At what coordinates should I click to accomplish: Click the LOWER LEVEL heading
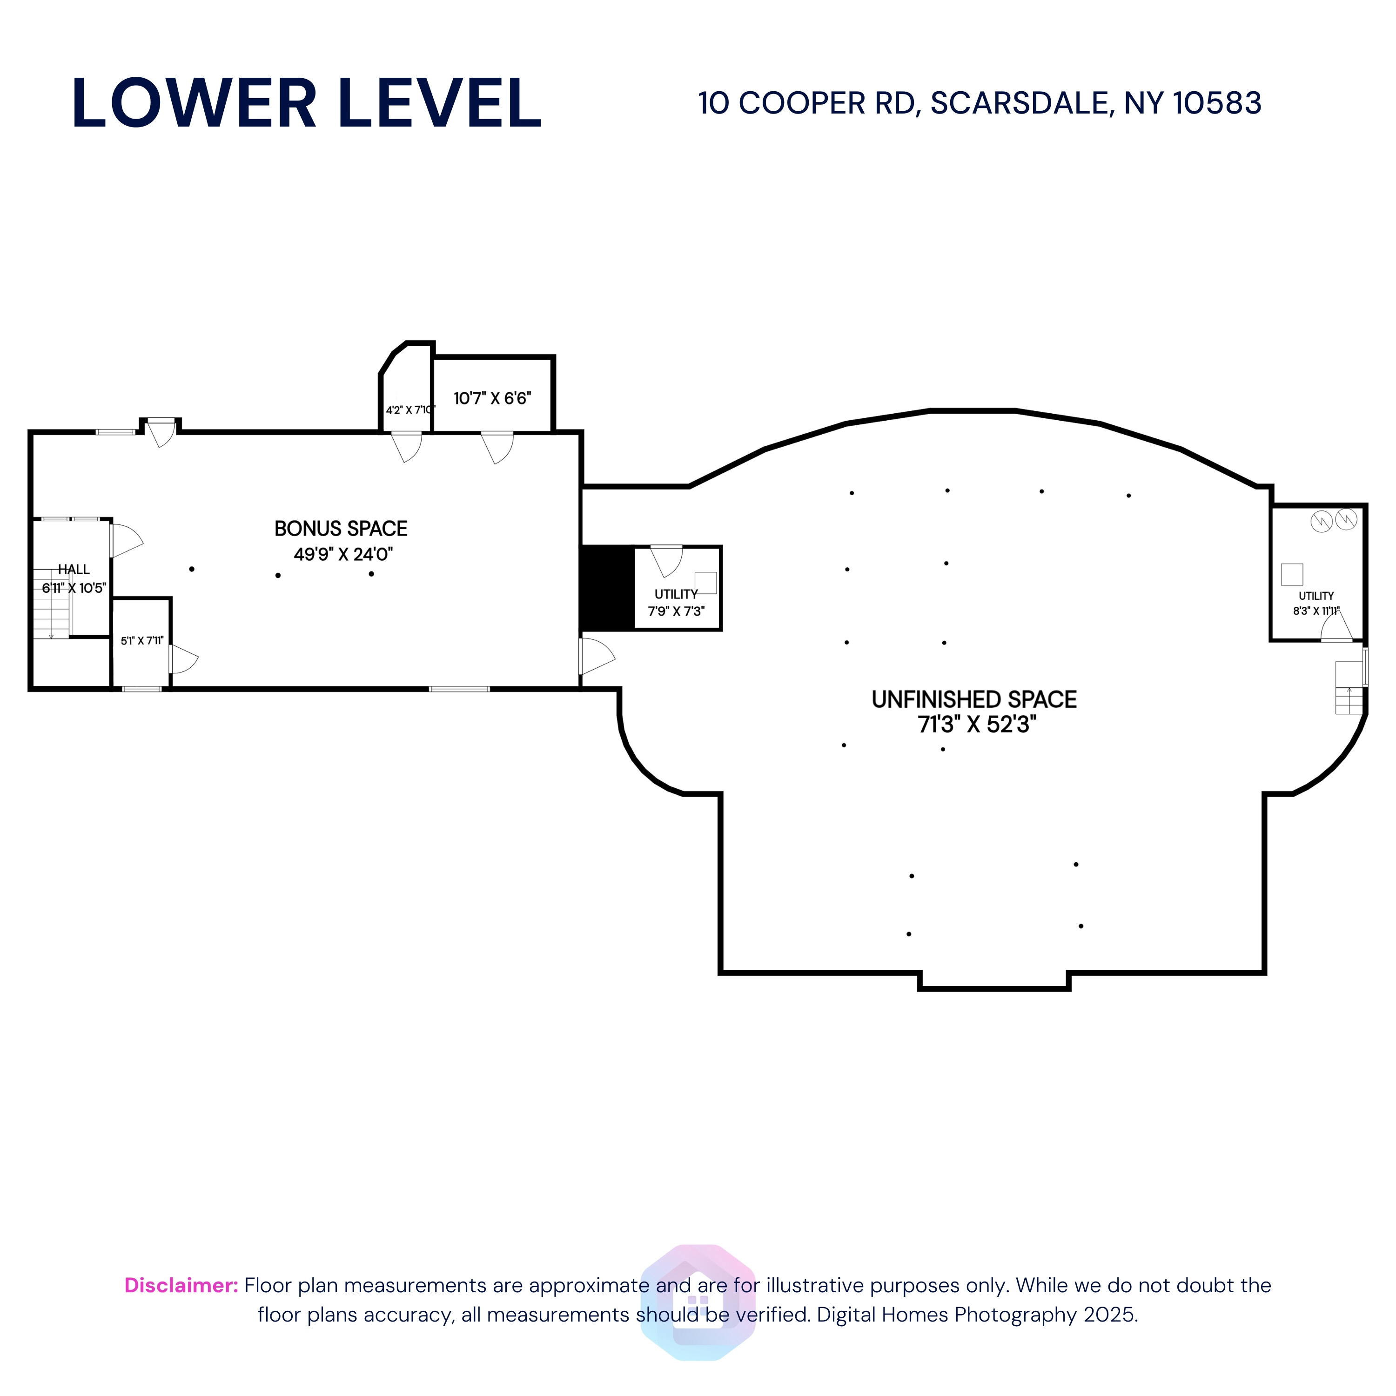pos(306,103)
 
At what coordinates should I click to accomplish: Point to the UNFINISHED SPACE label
pos(974,699)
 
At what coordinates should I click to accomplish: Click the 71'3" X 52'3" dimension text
pos(977,725)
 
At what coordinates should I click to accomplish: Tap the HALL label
pos(74,570)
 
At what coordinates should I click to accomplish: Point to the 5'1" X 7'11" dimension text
pos(141,641)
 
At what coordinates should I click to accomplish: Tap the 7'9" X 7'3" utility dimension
pos(676,611)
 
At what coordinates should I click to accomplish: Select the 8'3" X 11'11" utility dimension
pos(1316,611)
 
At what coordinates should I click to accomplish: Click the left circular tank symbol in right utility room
pos(1322,521)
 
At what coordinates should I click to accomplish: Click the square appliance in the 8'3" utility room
pos(1292,574)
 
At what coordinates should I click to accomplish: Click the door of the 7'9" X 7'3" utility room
pos(667,561)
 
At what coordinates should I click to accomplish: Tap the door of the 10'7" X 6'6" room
pos(498,447)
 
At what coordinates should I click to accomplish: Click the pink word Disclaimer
pos(181,1285)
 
